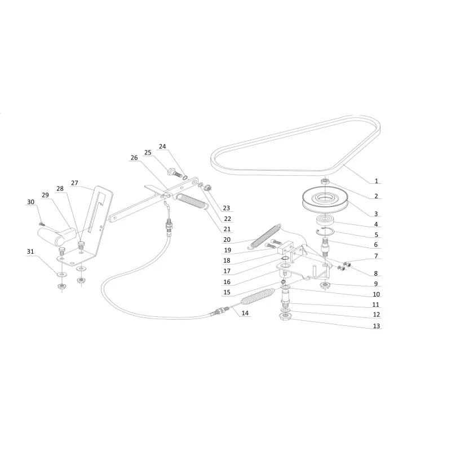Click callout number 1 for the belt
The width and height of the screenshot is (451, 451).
(x=376, y=181)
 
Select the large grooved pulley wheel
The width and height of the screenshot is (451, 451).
(x=325, y=200)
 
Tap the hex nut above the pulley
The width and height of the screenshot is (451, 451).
(x=325, y=181)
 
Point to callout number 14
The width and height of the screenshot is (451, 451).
(x=245, y=313)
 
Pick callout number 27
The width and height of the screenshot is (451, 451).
(x=74, y=183)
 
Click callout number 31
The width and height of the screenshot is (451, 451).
(x=30, y=251)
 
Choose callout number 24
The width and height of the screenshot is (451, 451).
(x=162, y=147)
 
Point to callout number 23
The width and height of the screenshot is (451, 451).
(x=227, y=208)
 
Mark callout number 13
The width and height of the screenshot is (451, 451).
(x=376, y=326)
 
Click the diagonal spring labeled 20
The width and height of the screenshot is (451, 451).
(x=264, y=235)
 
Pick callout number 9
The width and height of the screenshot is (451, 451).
(x=375, y=284)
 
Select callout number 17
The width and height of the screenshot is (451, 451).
(x=227, y=271)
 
